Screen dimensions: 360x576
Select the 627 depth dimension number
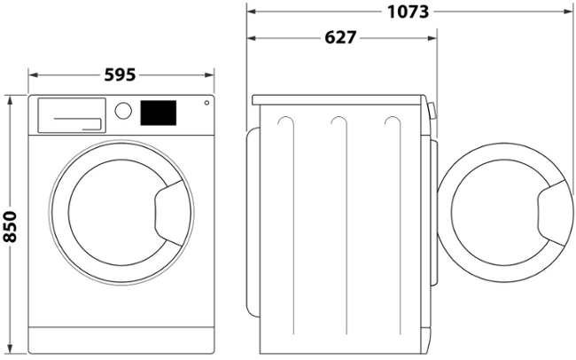pos(340,38)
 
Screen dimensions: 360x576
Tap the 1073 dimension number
pos(409,12)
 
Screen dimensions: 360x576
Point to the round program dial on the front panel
pos(124,112)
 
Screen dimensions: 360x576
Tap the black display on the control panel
pos(159,113)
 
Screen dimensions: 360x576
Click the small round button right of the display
pos(206,104)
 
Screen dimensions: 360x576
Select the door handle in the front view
pos(168,209)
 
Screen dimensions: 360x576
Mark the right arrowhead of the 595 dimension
pos(213,75)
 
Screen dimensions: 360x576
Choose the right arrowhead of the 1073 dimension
pos(567,12)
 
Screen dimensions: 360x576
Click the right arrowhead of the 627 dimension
pos(433,38)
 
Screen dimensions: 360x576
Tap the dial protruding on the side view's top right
pos(432,111)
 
